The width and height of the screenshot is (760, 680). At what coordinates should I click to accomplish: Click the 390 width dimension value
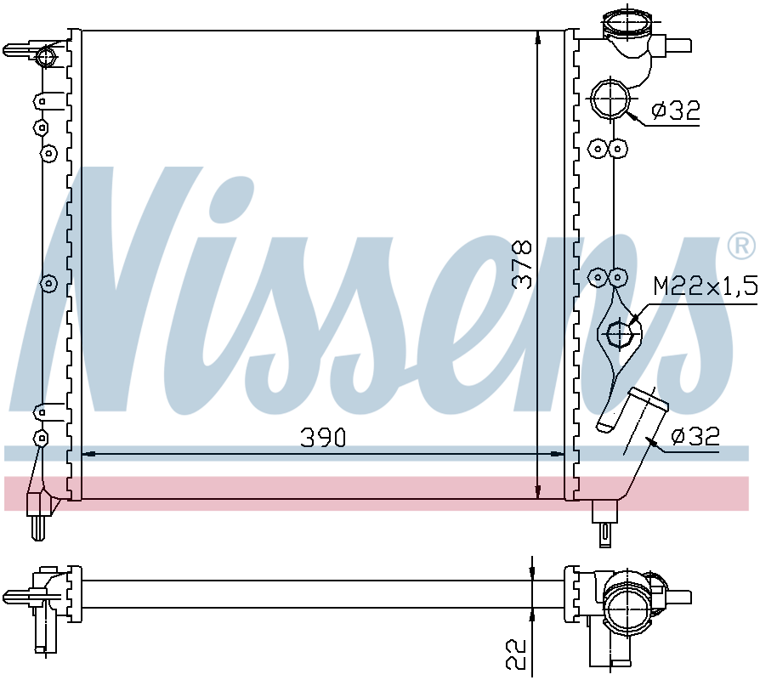point(323,437)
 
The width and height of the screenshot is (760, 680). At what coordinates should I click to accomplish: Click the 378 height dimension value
point(523,264)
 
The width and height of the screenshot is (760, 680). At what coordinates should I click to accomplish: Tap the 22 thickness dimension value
point(516,654)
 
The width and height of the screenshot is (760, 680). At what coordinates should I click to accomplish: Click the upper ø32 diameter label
point(676,110)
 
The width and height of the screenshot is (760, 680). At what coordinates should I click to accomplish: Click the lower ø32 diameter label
point(695,436)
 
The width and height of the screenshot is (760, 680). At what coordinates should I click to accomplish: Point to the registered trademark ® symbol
point(741,246)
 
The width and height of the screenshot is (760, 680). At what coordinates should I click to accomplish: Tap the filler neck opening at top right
point(627,21)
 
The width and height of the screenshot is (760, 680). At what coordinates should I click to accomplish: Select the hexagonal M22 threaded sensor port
point(620,333)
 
